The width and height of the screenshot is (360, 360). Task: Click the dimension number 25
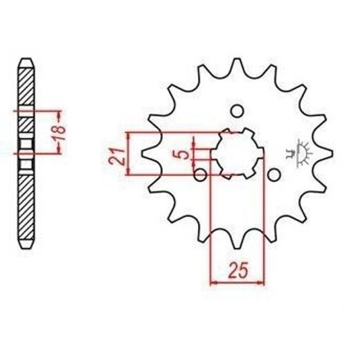238,270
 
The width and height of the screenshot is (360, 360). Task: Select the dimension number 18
59,133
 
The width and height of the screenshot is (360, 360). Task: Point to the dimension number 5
184,154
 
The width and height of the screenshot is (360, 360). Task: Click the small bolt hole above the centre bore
237,111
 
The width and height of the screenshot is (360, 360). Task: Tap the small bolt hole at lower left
200,175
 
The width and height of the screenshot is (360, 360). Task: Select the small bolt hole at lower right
274,175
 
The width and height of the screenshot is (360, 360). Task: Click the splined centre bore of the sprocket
237,154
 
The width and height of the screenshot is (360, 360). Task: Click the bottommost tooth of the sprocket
237,240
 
